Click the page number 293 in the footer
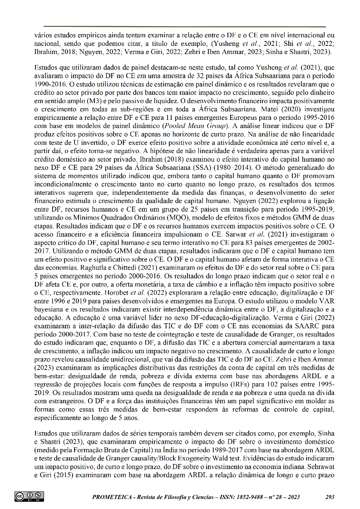pyautogui.click(x=330, y=497)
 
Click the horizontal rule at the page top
pyautogui.click(x=185, y=27)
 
